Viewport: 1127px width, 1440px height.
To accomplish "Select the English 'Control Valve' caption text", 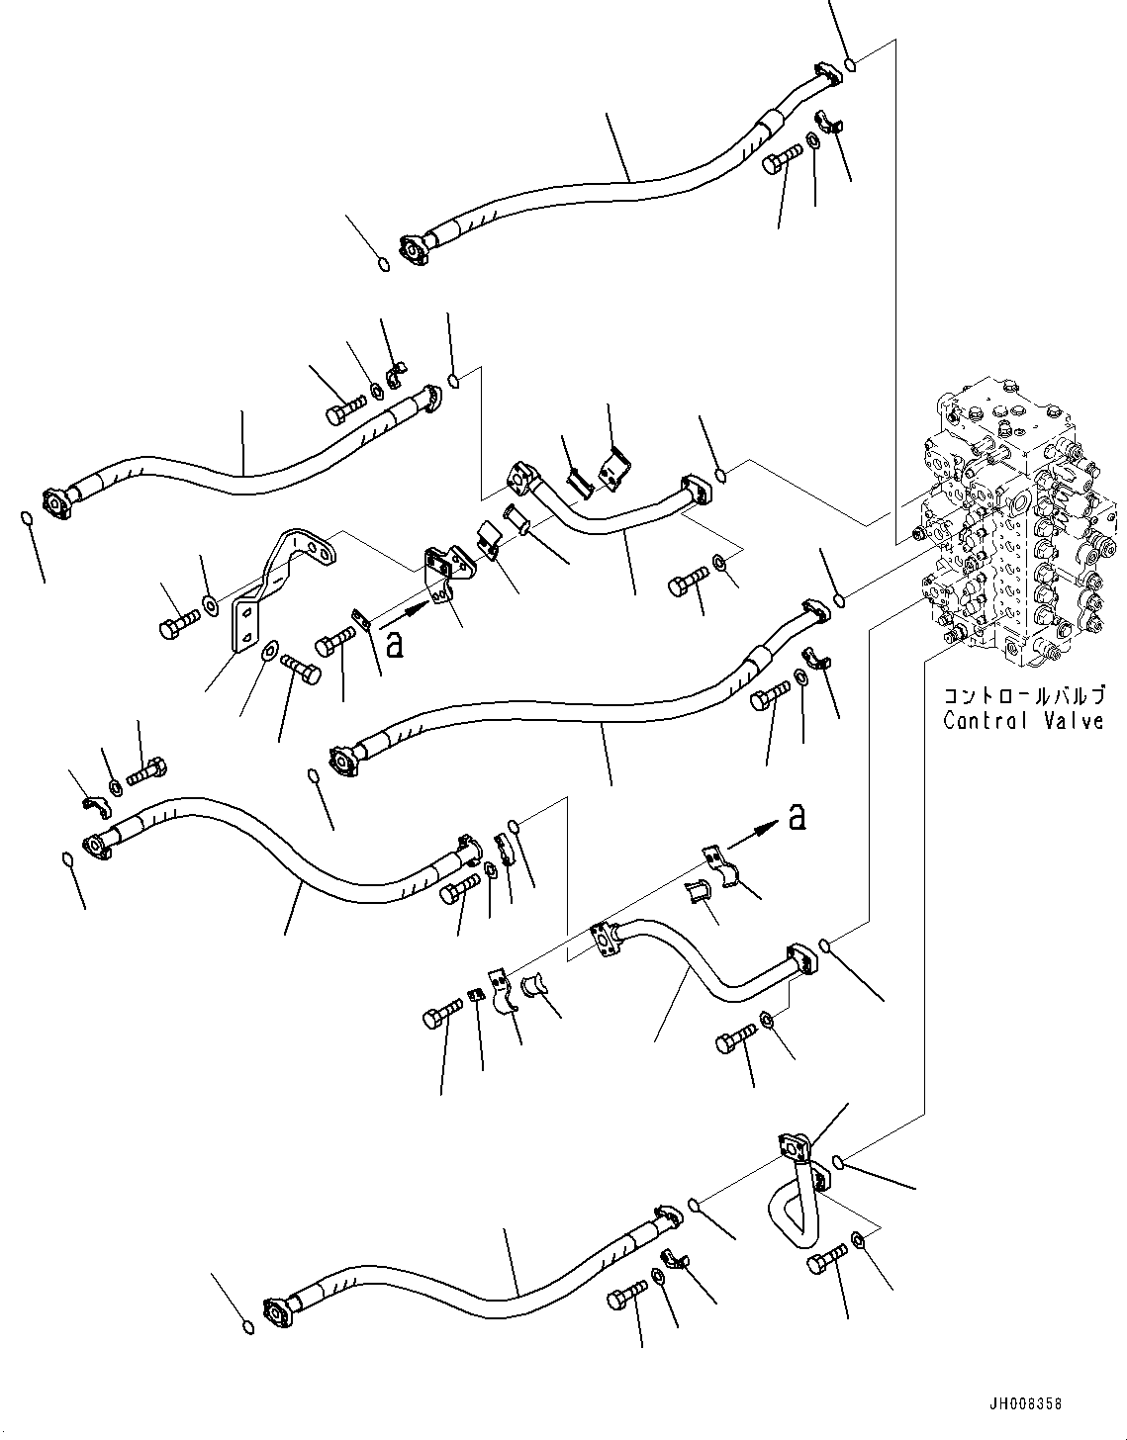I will point(1022,721).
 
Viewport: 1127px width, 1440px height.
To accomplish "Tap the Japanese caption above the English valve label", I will point(1022,696).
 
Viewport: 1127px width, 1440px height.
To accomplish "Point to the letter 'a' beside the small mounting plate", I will point(394,645).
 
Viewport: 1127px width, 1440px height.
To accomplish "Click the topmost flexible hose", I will point(613,178).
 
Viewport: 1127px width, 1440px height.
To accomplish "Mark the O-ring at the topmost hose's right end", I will point(851,66).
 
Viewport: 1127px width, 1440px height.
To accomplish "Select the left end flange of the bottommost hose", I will point(277,1315).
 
